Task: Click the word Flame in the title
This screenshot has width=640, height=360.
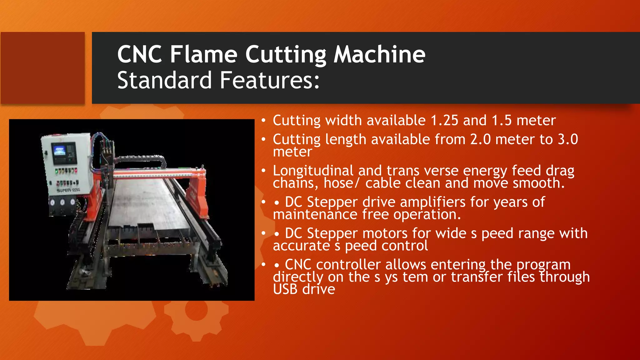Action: click(204, 54)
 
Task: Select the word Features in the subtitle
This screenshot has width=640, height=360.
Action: click(267, 80)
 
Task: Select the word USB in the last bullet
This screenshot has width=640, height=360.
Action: click(285, 289)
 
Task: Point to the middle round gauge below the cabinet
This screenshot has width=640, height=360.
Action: click(62, 202)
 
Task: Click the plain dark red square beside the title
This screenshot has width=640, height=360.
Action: click(42, 68)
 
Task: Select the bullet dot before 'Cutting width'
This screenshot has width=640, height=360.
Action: click(264, 121)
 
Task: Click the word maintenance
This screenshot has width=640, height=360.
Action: click(315, 215)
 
